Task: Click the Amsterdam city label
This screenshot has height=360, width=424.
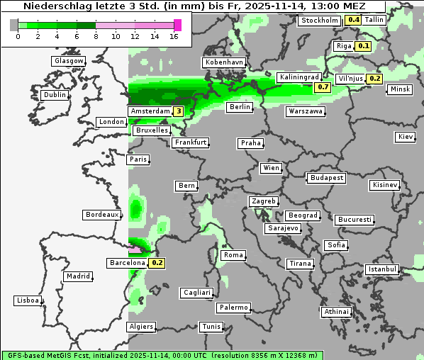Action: point(150,111)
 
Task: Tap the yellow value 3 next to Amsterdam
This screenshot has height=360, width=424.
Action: point(179,111)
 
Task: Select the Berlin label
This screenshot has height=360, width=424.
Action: point(240,107)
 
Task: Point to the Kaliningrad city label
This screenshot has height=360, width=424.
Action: point(299,77)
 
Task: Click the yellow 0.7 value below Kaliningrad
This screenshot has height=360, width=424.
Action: point(323,87)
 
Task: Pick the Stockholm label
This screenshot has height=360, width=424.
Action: point(319,21)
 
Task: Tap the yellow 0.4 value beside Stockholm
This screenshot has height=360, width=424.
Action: point(353,20)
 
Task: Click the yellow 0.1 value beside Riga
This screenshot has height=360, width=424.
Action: point(363,46)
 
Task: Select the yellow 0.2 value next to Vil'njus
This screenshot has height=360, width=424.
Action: point(374,79)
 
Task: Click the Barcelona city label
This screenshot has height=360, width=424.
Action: point(127,263)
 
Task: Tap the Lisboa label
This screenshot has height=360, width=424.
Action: point(28,300)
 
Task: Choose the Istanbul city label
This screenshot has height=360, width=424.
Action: point(382,269)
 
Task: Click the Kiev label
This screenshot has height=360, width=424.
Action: point(406,137)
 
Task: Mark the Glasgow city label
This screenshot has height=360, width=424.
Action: point(69,61)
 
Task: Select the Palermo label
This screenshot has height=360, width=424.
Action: point(233,308)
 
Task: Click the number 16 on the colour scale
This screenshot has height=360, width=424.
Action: point(174,37)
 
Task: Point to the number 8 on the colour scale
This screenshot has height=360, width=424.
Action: point(96,37)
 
